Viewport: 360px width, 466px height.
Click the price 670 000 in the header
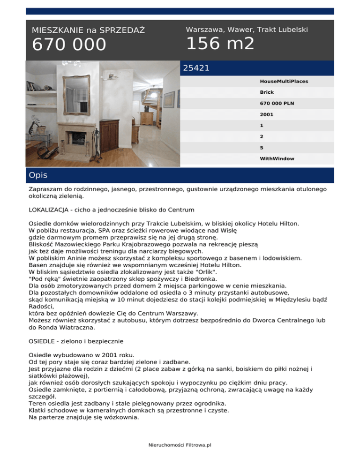click(69, 45)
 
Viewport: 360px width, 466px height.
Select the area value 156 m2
click(220, 44)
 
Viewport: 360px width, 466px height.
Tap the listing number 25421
click(196, 68)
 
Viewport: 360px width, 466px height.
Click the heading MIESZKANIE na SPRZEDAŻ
click(88, 30)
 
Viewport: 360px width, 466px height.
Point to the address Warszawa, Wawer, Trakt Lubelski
click(247, 30)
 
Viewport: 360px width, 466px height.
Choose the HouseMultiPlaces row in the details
click(284, 81)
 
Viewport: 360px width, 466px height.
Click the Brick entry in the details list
click(267, 92)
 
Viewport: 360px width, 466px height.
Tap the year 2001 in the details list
click(266, 114)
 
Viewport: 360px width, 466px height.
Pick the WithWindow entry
click(277, 158)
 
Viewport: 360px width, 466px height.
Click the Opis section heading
click(37, 175)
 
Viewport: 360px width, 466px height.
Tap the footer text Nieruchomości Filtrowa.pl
click(180, 445)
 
